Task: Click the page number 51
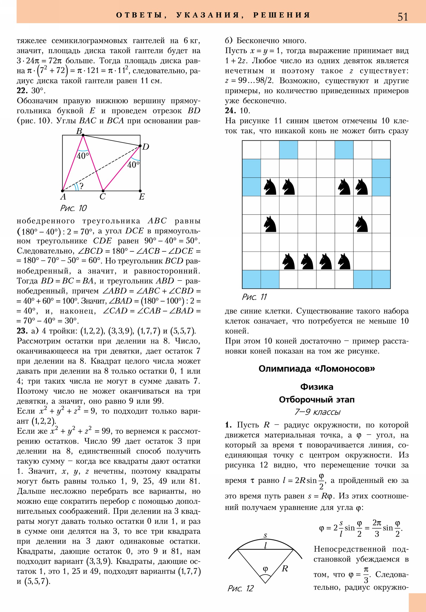[403, 17]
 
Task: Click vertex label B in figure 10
[79, 131]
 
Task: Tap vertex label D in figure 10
[146, 147]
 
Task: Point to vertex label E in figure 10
[142, 197]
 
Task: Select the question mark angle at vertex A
[81, 186]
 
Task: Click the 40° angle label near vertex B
[83, 156]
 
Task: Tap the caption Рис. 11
[254, 297]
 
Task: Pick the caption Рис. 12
[240, 588]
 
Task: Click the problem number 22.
[22, 91]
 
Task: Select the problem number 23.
[22, 331]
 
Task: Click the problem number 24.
[230, 111]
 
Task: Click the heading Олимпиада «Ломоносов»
[317, 369]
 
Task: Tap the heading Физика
[317, 387]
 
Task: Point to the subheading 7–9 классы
[317, 412]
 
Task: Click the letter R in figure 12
[285, 569]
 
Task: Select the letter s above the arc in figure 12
[265, 535]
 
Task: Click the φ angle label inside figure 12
[265, 569]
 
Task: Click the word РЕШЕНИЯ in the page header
[282, 15]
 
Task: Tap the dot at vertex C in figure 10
[103, 191]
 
